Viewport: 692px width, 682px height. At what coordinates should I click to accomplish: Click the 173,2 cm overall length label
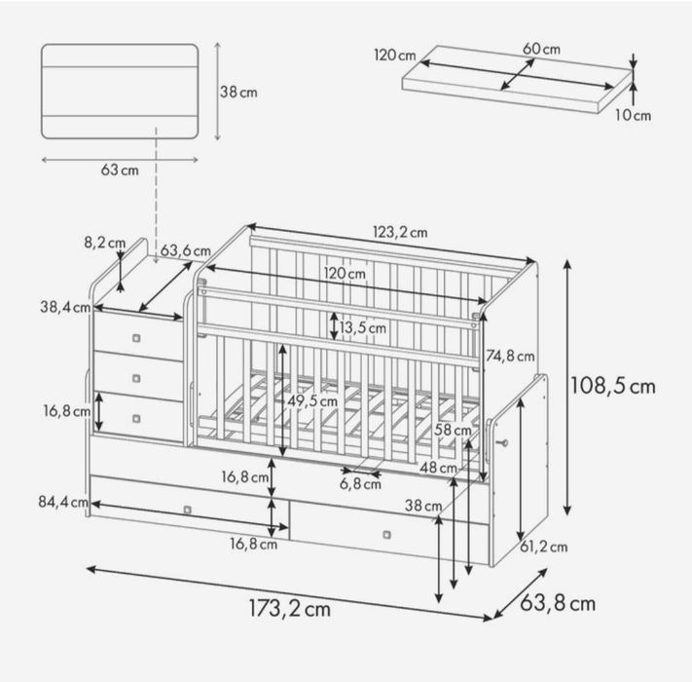click(289, 609)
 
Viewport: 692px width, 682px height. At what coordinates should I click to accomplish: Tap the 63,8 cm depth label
click(558, 603)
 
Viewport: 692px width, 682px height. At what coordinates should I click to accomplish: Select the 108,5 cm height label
click(612, 386)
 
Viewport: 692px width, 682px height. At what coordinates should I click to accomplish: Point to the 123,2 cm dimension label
click(400, 232)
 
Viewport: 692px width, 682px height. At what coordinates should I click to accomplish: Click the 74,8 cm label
click(510, 356)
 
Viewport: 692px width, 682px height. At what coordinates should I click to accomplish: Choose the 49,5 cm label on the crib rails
click(312, 401)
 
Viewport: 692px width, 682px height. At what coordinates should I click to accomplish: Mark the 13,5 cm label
click(362, 328)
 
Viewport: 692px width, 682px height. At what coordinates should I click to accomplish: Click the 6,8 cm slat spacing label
click(360, 484)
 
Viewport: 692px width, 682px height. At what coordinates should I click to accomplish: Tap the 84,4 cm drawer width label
click(63, 502)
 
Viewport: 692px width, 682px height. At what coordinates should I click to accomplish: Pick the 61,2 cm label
click(543, 547)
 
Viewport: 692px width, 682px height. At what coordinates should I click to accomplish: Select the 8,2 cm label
click(104, 243)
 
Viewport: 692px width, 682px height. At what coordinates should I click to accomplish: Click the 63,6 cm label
click(185, 250)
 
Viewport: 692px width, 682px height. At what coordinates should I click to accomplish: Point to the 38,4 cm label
click(65, 307)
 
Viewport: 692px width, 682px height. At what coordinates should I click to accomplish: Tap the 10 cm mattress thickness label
click(633, 115)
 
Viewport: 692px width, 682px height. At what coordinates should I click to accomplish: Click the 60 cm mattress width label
click(541, 49)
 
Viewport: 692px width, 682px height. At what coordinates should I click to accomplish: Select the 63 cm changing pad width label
click(120, 170)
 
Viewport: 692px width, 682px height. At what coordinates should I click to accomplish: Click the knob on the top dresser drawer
click(136, 338)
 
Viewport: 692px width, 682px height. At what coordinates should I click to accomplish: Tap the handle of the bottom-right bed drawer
click(386, 535)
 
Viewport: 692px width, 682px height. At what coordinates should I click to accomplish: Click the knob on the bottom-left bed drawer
click(187, 511)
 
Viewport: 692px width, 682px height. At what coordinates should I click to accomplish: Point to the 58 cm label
click(453, 430)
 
